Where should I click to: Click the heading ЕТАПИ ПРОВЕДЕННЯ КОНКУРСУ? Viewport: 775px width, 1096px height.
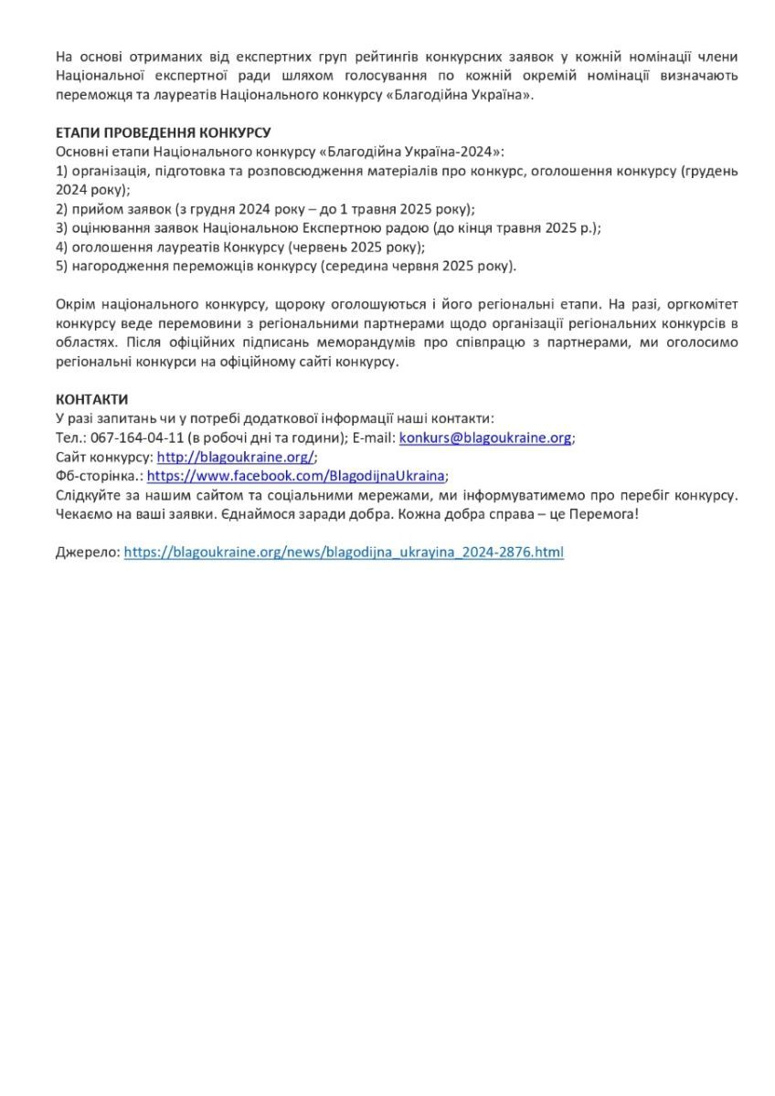163,132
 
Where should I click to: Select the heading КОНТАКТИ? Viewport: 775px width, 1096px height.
91,399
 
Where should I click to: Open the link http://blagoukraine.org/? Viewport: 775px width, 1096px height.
236,457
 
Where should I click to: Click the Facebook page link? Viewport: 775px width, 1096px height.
296,476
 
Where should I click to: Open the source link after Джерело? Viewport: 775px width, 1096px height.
344,552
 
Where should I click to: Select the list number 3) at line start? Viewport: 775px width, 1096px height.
62,227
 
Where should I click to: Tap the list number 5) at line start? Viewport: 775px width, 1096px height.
62,266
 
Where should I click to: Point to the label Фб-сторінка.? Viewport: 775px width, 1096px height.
99,476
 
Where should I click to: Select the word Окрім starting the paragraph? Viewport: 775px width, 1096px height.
74,304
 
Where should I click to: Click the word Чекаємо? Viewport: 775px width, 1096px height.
85,513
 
